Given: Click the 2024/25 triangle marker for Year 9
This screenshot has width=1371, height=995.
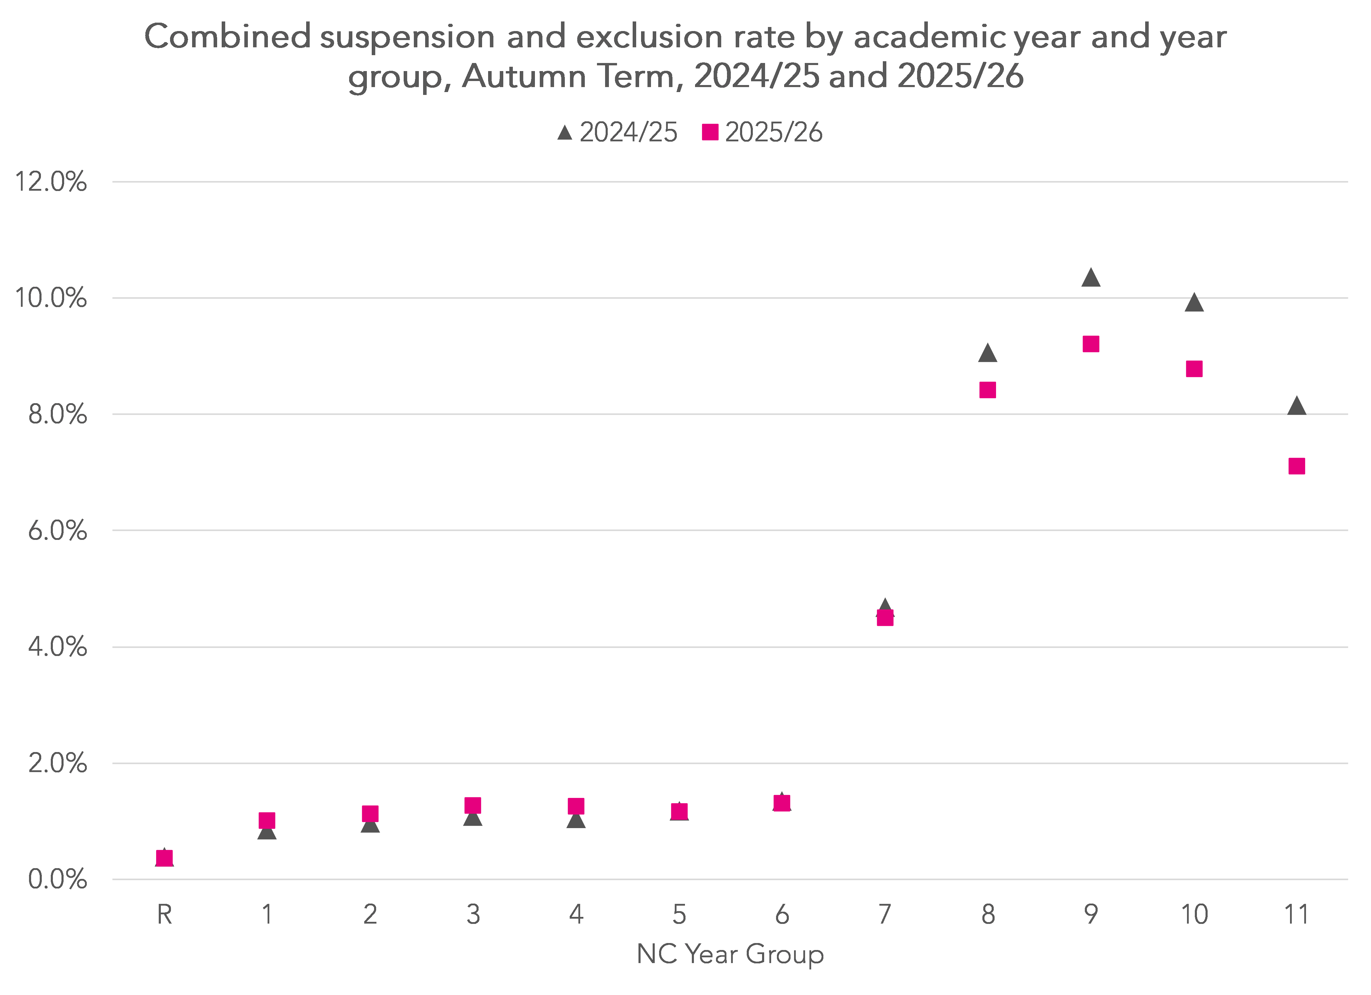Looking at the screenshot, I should click(x=1091, y=278).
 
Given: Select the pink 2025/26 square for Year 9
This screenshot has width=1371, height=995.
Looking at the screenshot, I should click(x=1091, y=344).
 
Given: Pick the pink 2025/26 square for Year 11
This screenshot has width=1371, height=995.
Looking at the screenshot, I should click(x=1296, y=466).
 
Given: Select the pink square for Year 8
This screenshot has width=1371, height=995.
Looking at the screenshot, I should click(x=987, y=390).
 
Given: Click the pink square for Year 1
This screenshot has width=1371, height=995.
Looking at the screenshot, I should click(x=267, y=820).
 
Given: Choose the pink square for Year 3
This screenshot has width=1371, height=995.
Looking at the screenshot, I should click(x=473, y=805).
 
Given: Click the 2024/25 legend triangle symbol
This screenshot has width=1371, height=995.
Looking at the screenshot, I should click(x=564, y=132).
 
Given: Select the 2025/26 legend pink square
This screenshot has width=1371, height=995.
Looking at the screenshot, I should click(x=710, y=132).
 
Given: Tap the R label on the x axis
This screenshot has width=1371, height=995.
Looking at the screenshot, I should click(x=165, y=915).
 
